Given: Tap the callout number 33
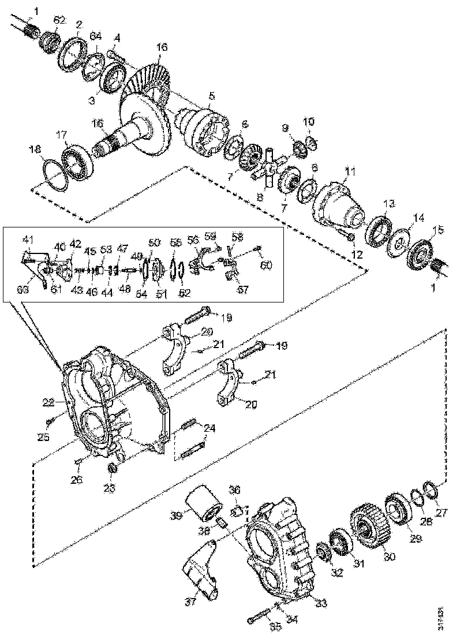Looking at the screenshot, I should click(321, 604).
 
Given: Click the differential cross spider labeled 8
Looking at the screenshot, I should click(268, 169).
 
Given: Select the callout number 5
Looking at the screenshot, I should click(211, 95).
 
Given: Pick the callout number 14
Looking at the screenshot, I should click(417, 218).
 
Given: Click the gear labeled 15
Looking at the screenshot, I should click(424, 252).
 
